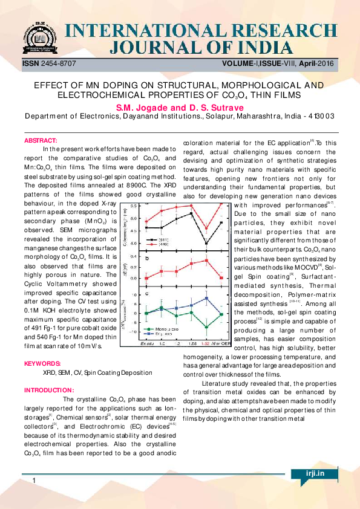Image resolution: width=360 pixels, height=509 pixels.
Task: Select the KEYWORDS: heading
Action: tap(42, 364)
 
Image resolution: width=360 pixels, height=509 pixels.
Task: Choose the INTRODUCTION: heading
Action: tap(49, 391)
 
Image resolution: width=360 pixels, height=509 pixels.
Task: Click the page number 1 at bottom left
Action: tap(35, 481)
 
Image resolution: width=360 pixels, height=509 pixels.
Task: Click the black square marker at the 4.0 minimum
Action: tap(207, 243)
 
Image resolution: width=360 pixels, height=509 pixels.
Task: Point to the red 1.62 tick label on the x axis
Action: tap(207, 343)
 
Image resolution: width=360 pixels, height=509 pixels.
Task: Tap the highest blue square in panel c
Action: tap(207, 298)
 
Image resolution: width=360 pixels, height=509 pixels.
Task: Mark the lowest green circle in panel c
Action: tap(207, 327)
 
